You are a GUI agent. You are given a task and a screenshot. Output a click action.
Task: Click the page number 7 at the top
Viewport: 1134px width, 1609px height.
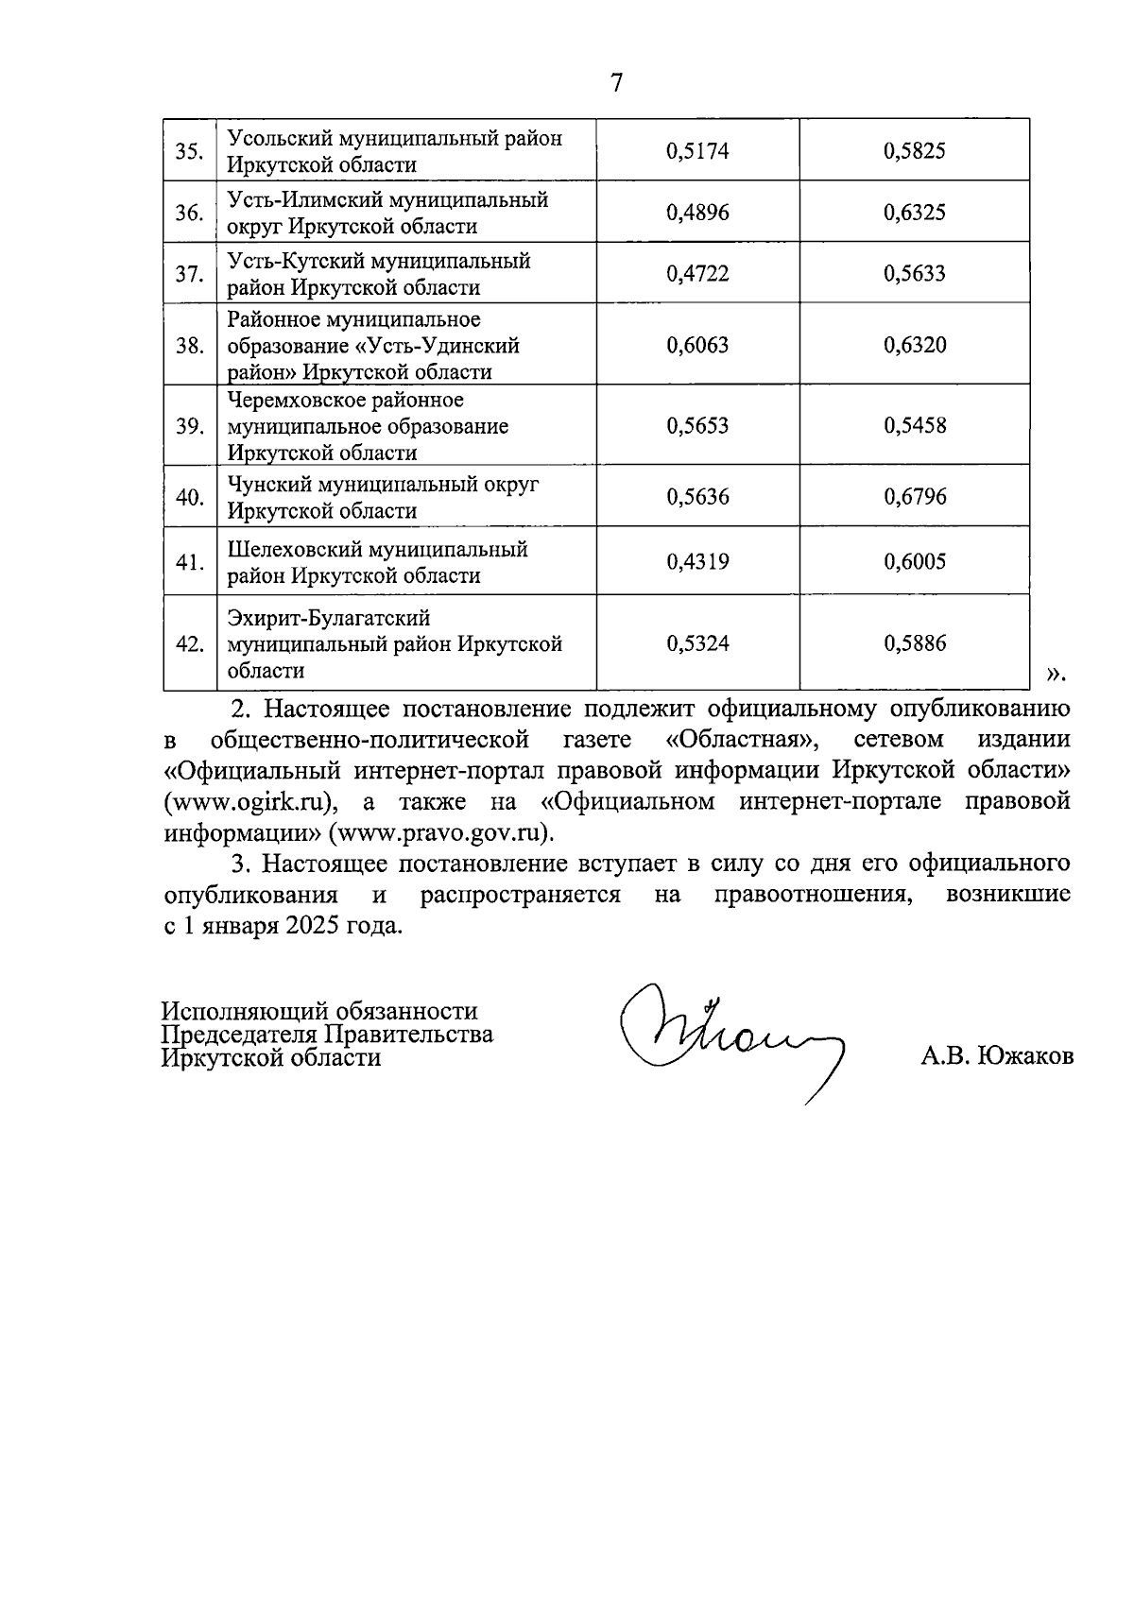616,83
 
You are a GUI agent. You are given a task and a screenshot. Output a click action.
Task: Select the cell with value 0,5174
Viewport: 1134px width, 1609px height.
697,151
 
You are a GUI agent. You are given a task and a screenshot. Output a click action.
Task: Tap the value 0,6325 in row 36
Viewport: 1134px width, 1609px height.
914,213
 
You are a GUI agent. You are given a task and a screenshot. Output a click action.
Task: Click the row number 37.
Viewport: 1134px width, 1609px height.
190,274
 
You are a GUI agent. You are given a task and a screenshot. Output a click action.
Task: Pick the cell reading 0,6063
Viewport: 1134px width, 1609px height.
697,345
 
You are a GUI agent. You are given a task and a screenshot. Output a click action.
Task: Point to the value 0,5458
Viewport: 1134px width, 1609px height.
914,425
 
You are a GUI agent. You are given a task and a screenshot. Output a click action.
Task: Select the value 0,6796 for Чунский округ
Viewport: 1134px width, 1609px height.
914,497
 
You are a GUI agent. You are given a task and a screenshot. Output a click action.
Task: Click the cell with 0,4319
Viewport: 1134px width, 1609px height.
697,562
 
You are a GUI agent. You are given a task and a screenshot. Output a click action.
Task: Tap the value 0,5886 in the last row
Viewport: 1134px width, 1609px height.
914,643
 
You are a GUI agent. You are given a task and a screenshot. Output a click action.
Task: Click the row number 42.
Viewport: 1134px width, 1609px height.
190,644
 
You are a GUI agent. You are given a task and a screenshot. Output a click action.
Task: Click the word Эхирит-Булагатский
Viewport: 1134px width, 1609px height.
328,618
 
